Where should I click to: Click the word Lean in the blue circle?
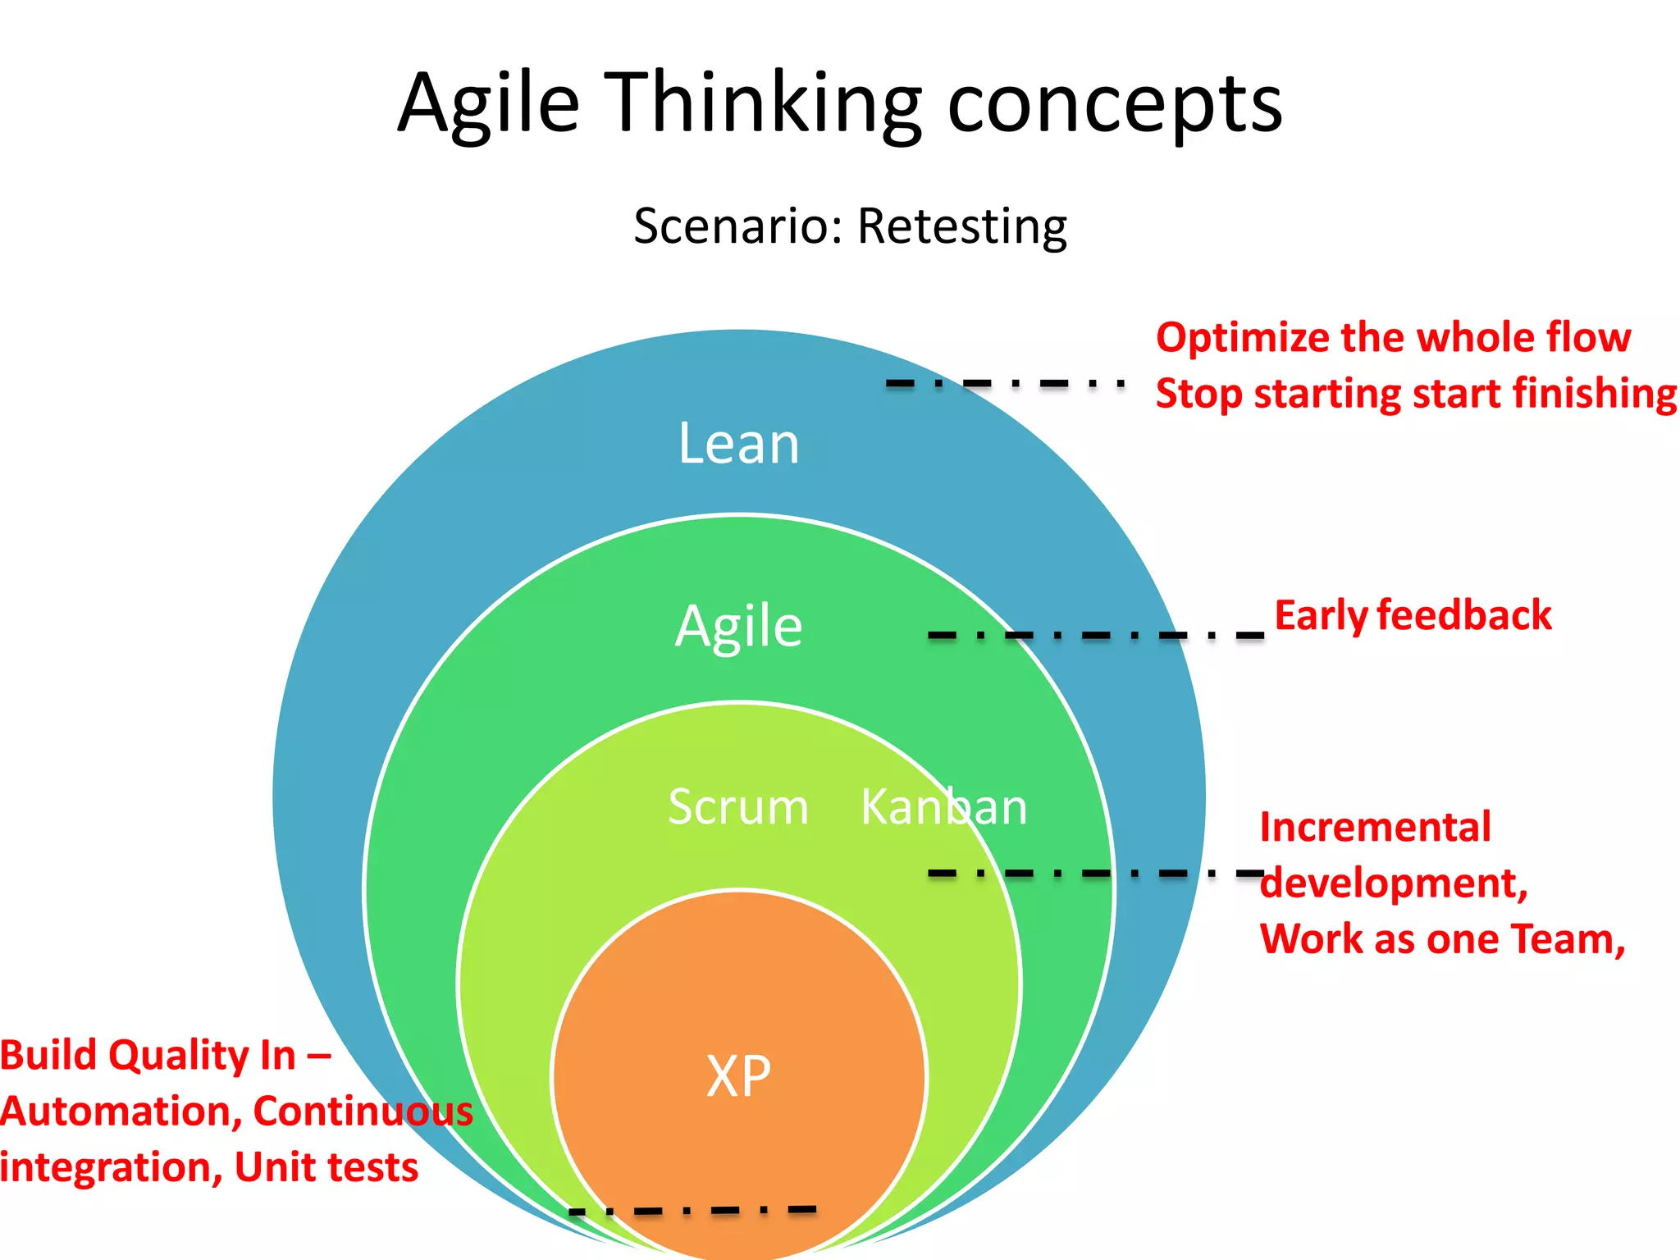point(738,444)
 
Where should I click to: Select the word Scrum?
point(738,807)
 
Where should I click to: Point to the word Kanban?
point(943,807)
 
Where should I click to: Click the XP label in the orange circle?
point(738,1076)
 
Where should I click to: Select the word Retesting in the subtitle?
point(961,226)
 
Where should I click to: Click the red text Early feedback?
point(1413,615)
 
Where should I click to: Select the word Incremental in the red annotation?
point(1375,827)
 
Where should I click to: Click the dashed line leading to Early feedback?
point(1095,635)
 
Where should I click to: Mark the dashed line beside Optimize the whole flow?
point(1005,383)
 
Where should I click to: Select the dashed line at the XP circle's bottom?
point(693,1210)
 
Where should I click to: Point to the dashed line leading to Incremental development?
point(1095,873)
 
